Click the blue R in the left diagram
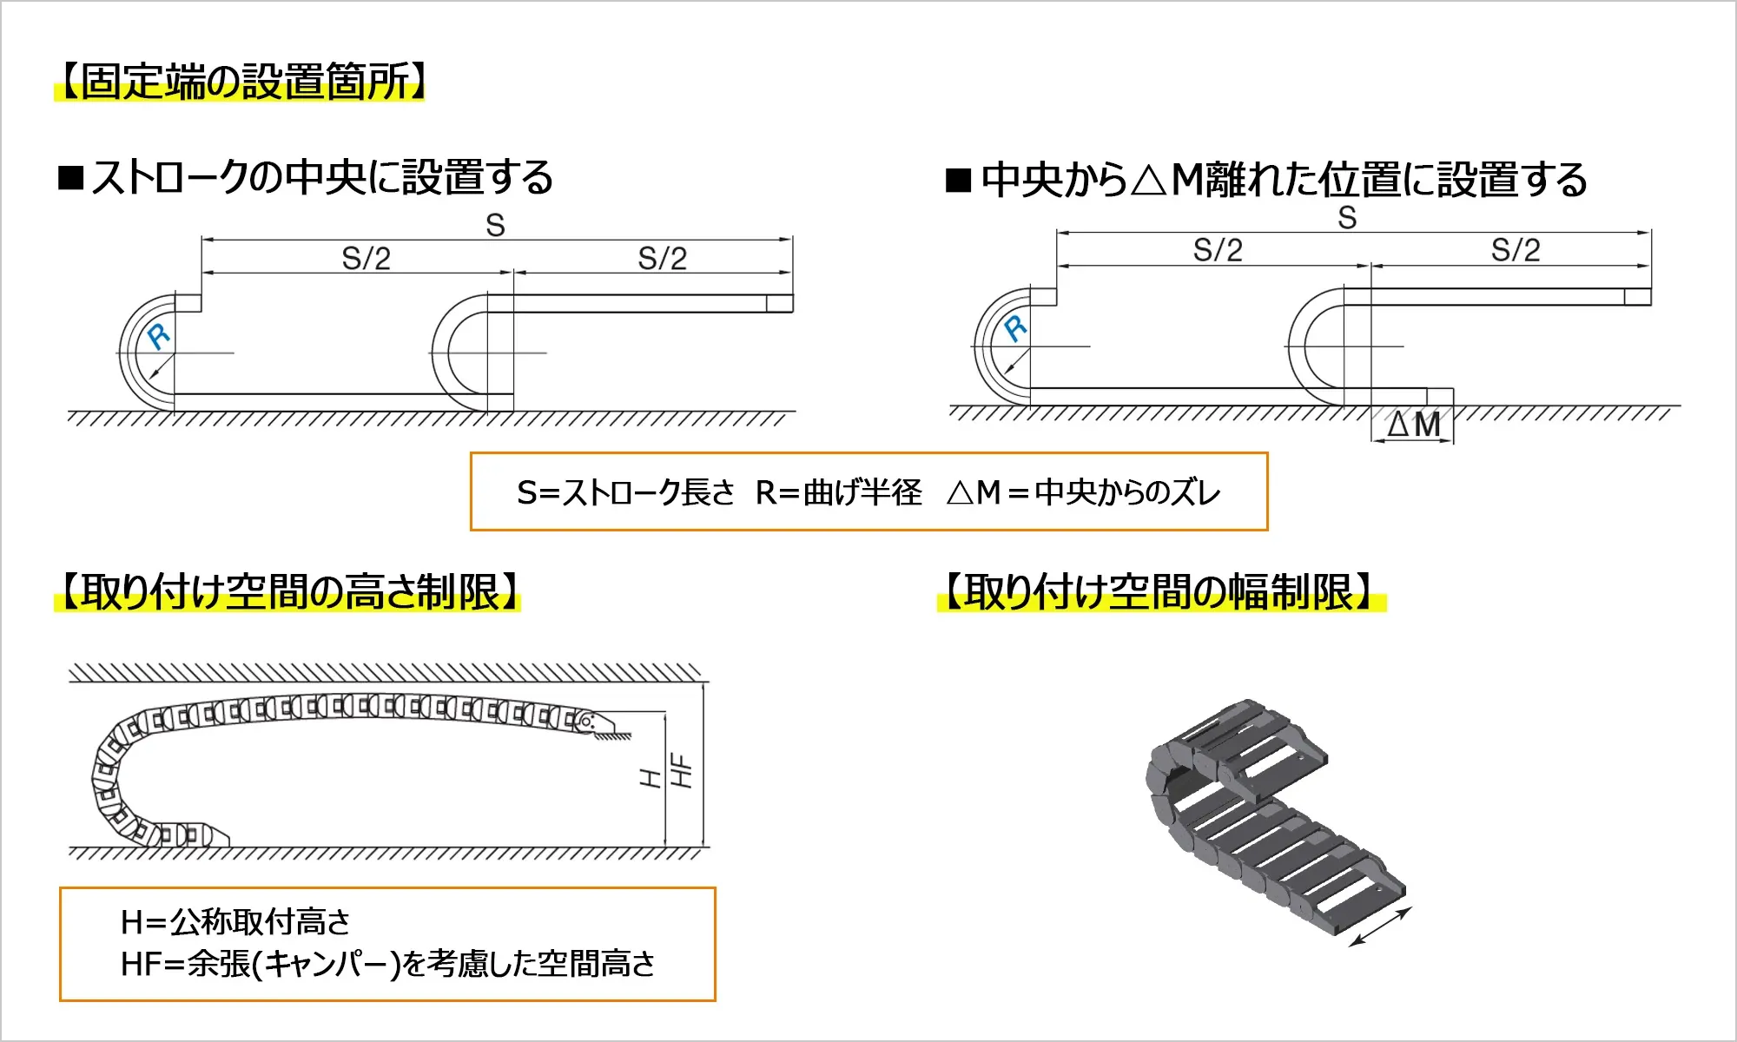pos(159,335)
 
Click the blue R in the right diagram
pos(1015,328)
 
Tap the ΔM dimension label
pos(1414,425)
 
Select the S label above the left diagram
pos(495,226)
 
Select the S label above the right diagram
pos(1347,218)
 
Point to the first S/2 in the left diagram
pos(366,258)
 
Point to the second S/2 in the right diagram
pos(1516,250)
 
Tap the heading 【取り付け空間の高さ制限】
pos(287,592)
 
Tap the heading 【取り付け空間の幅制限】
pos(1161,592)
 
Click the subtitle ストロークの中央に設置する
pos(322,177)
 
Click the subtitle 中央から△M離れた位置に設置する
pos(1284,180)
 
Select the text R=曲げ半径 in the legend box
pos(839,492)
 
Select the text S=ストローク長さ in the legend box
pos(625,492)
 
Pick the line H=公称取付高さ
pos(235,921)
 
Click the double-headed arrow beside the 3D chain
pos(1381,927)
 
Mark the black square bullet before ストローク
pos(70,178)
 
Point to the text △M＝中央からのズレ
pos(1084,492)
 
